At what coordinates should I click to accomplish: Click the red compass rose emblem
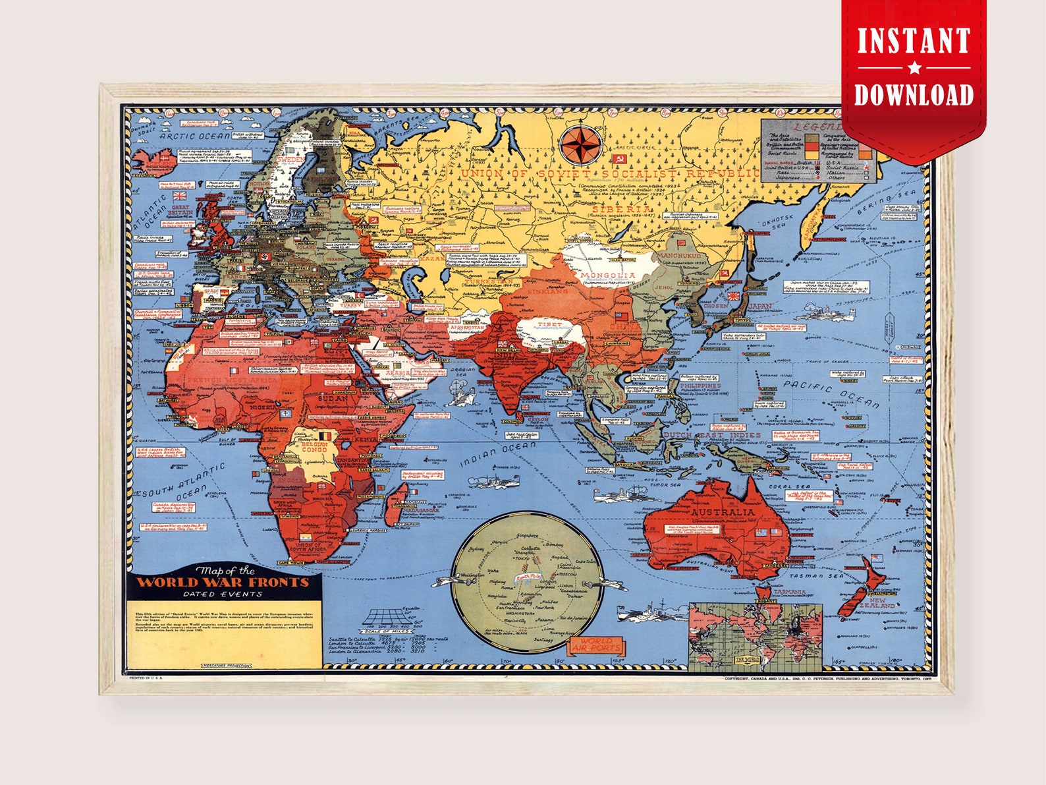580,145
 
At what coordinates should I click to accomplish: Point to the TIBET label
550,324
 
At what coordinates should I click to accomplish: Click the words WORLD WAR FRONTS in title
223,582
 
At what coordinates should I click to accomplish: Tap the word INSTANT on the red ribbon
914,41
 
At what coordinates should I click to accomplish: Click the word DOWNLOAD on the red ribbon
914,94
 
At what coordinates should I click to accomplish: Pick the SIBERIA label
621,208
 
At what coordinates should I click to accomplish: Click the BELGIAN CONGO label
314,447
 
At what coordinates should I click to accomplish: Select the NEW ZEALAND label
881,602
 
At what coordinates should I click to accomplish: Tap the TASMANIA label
789,592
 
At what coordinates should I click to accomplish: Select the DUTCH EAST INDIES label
711,435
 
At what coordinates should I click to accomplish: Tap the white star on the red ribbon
914,67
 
